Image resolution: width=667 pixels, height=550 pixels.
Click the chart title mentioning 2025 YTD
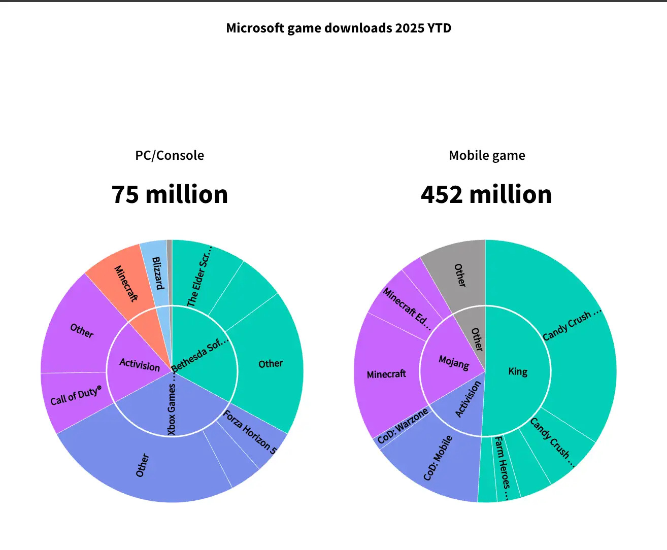339,28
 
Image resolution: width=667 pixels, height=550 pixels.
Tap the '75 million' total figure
170,194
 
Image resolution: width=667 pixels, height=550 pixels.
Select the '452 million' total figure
486,194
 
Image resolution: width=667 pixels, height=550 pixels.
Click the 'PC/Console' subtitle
170,155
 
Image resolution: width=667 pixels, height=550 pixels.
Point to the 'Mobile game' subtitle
487,155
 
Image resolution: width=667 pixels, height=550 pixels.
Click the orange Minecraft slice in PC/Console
122,282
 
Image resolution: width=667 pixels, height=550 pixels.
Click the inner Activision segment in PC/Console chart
137,363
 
